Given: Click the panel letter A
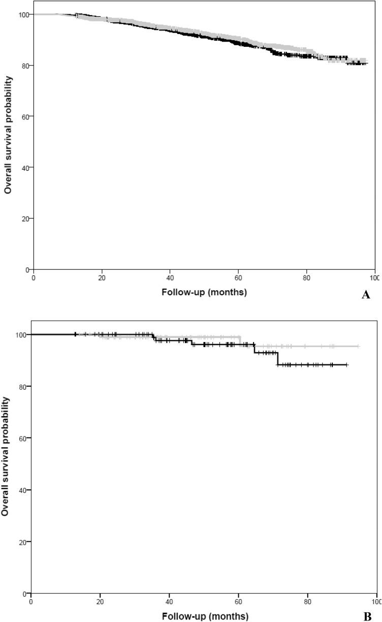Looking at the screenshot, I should (x=365, y=295).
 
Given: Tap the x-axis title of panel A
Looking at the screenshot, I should (x=204, y=292).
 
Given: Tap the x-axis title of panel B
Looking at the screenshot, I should (x=205, y=616).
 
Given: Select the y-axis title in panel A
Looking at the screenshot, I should (x=8, y=134).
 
